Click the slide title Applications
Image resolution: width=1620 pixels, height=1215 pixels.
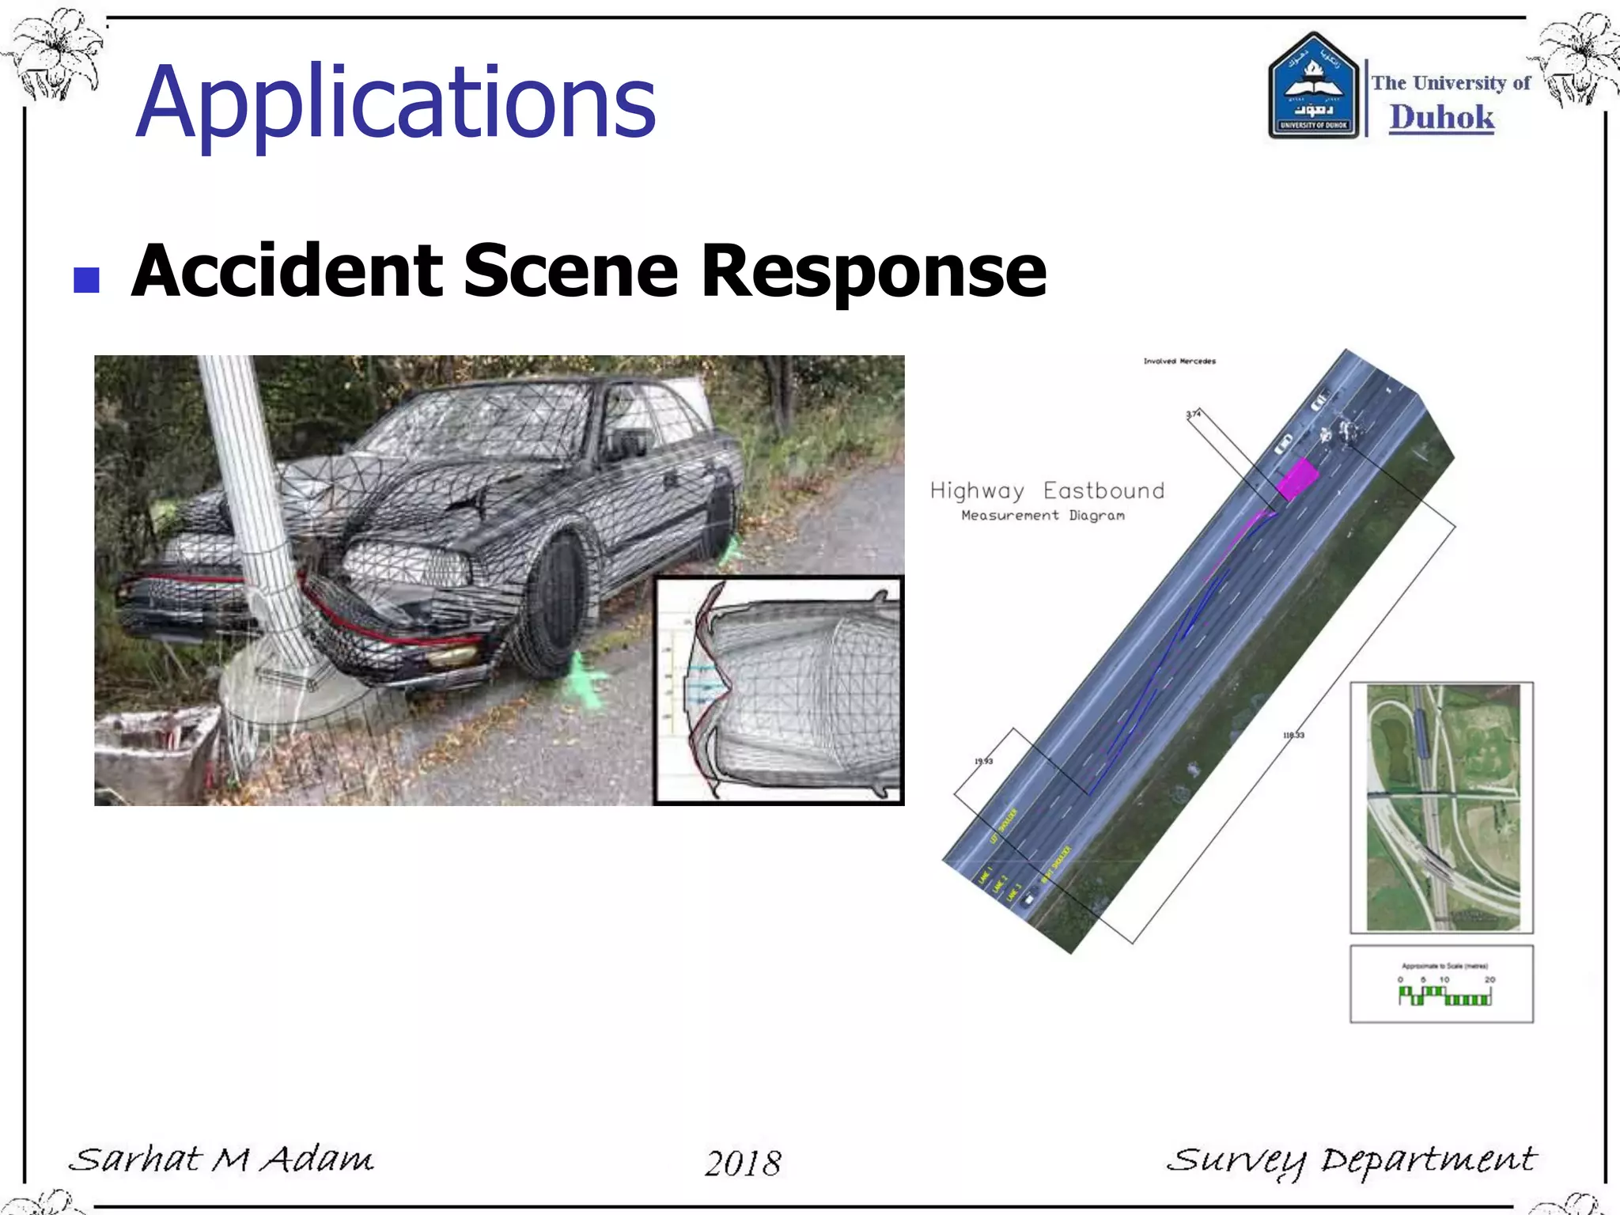tap(396, 103)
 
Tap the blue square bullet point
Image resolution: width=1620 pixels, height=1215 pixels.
tap(86, 280)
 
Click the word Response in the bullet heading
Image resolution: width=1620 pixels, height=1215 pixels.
tap(873, 271)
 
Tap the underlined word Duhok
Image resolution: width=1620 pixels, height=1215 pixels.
tap(1441, 118)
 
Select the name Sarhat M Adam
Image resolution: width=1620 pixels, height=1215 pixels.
tap(221, 1160)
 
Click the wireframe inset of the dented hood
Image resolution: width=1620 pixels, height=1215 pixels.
tap(779, 690)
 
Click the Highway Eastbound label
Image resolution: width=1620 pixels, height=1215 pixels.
tap(1047, 491)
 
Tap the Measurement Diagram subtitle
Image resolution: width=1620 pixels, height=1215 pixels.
tap(1043, 516)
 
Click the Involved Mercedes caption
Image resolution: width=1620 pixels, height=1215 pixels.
tap(1179, 361)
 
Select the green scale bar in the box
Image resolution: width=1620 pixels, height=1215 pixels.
tap(1444, 996)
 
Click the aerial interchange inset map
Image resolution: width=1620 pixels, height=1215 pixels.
tap(1441, 808)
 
